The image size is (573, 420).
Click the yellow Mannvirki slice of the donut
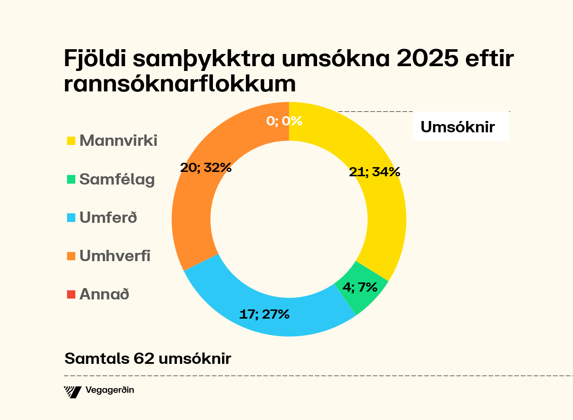pyautogui.click(x=383, y=209)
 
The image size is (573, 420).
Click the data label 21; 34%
pyautogui.click(x=374, y=172)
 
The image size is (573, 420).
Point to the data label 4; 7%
pyautogui.click(x=360, y=287)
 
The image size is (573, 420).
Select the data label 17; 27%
pyautogui.click(x=264, y=314)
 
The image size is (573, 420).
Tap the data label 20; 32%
pyautogui.click(x=206, y=167)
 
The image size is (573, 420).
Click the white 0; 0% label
pyautogui.click(x=284, y=121)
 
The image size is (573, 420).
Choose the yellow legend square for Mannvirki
pyautogui.click(x=71, y=141)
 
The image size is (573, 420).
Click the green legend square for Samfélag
pyautogui.click(x=71, y=179)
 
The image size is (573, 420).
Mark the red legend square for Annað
pyautogui.click(x=71, y=294)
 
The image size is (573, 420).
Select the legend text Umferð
pyautogui.click(x=108, y=218)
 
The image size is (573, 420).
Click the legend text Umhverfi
pyautogui.click(x=115, y=256)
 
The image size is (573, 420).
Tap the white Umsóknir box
pyautogui.click(x=460, y=127)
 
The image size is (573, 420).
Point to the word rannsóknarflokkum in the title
pyautogui.click(x=180, y=84)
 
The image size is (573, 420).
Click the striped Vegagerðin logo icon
pyautogui.click(x=73, y=392)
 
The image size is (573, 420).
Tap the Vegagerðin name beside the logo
pyautogui.click(x=110, y=390)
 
